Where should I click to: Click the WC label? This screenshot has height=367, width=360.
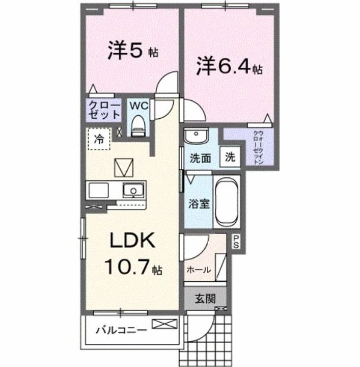139,106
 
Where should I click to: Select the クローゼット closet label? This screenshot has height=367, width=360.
104,110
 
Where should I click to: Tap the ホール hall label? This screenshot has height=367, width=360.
199,270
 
